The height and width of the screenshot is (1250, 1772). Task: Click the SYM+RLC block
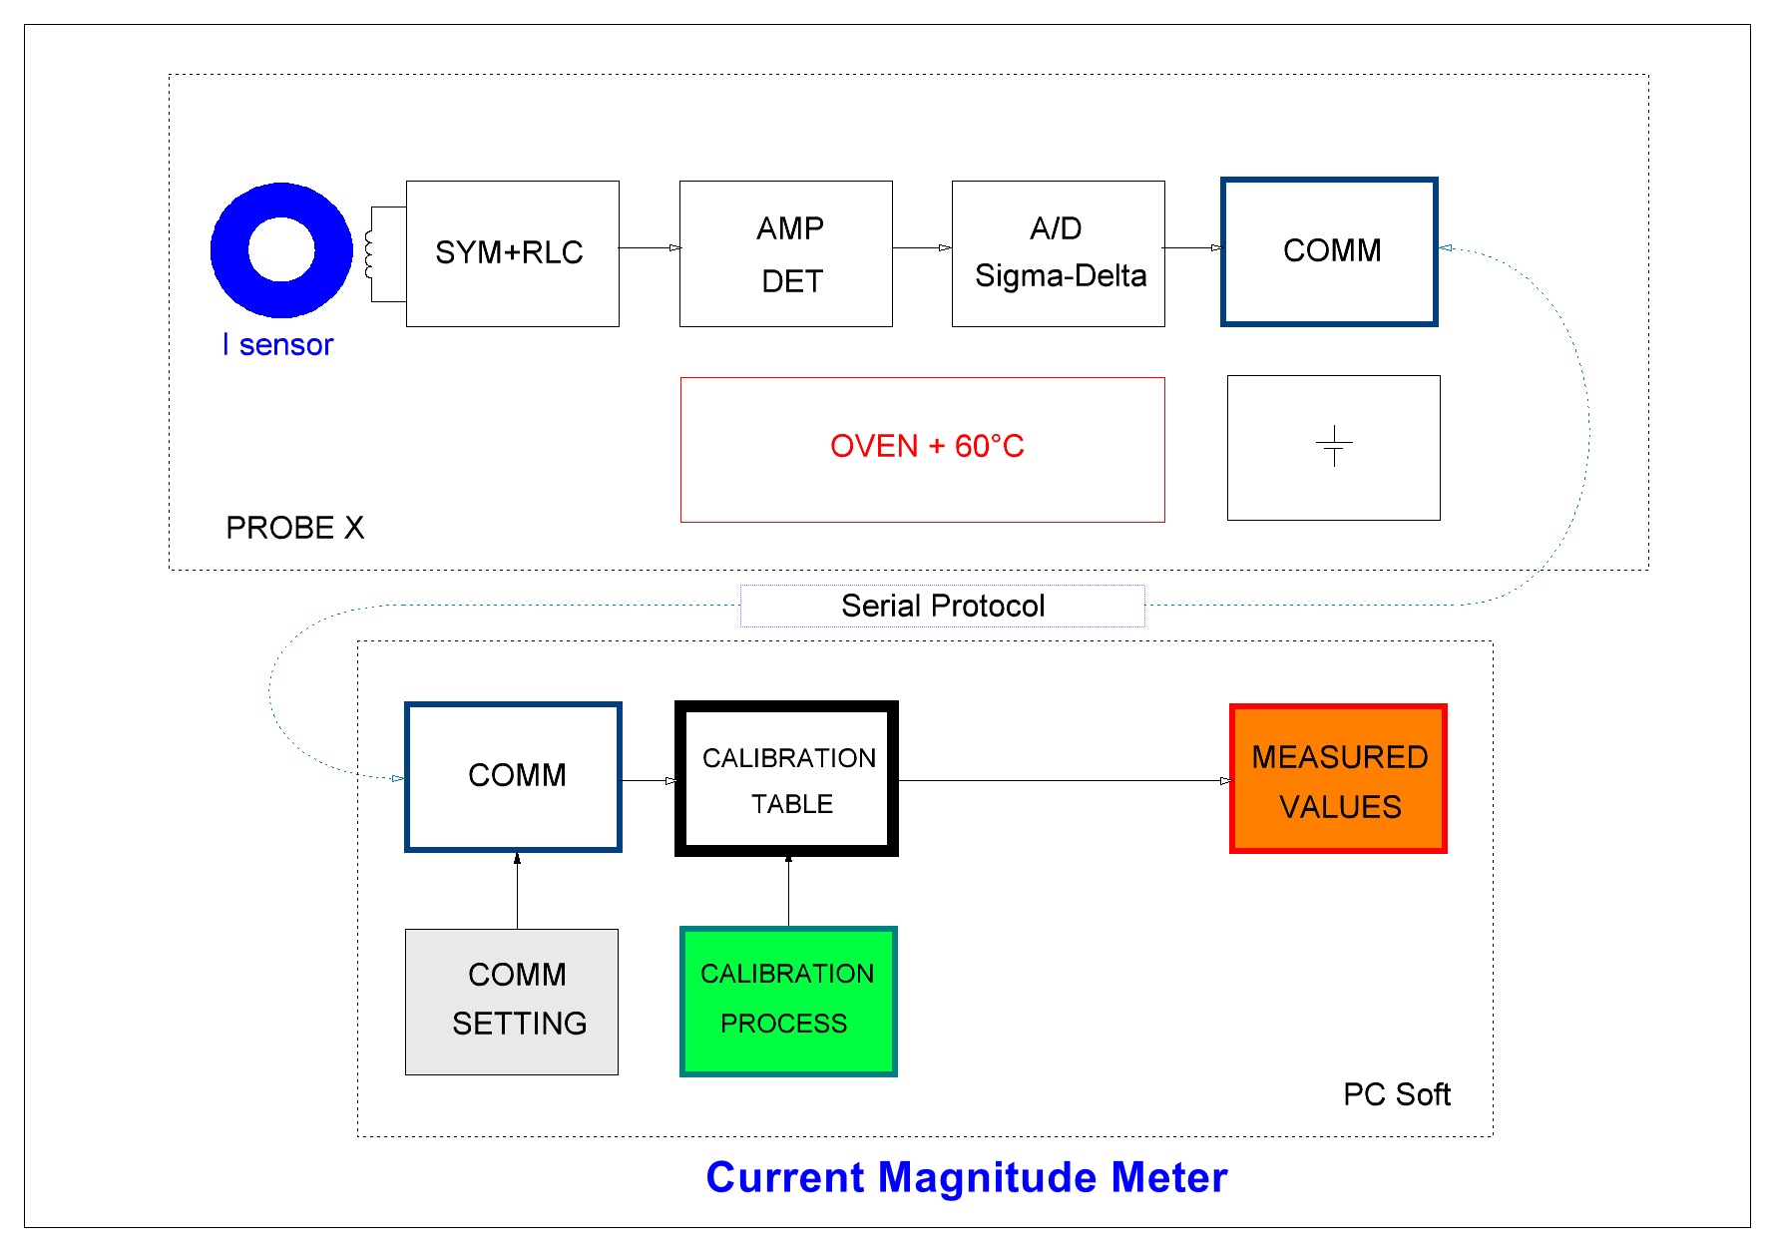[x=512, y=253]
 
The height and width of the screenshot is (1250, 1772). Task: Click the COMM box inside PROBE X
[x=1329, y=251]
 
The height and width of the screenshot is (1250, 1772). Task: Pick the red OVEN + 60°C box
[x=922, y=449]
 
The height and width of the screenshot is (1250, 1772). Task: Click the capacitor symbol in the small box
[x=1333, y=446]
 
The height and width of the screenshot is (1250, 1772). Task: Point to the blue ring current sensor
[x=281, y=214]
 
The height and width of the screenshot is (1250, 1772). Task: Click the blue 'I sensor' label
[x=277, y=344]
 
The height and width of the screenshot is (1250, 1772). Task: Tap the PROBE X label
[x=294, y=528]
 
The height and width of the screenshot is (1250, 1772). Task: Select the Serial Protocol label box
[x=942, y=606]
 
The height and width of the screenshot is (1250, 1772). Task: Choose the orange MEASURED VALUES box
[x=1338, y=779]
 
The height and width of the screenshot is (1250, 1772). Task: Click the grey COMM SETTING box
[x=512, y=1002]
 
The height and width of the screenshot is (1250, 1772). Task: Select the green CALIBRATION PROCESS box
[x=787, y=1002]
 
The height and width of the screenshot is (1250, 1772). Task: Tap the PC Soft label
[x=1396, y=1094]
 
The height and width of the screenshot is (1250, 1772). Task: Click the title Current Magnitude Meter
[x=966, y=1177]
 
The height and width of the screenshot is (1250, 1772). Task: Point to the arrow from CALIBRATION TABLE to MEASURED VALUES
[x=1064, y=780]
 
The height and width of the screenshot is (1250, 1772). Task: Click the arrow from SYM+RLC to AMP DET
[x=649, y=247]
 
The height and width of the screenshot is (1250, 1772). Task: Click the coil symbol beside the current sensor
[x=369, y=254]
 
